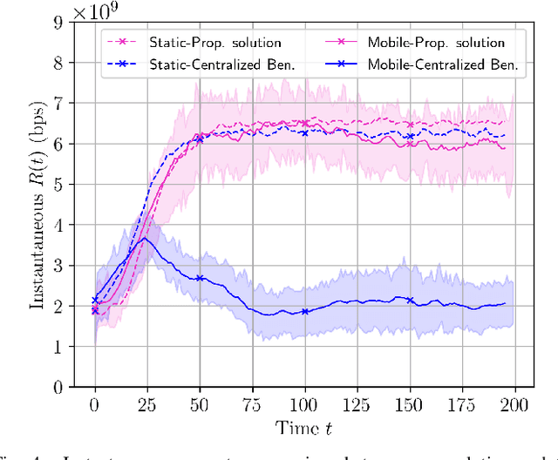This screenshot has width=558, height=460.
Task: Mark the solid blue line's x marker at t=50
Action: pos(200,278)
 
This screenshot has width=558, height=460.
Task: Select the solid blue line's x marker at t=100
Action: pos(304,311)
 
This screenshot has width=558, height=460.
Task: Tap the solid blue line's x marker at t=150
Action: pos(409,300)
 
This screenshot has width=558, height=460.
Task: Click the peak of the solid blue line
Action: pos(146,238)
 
